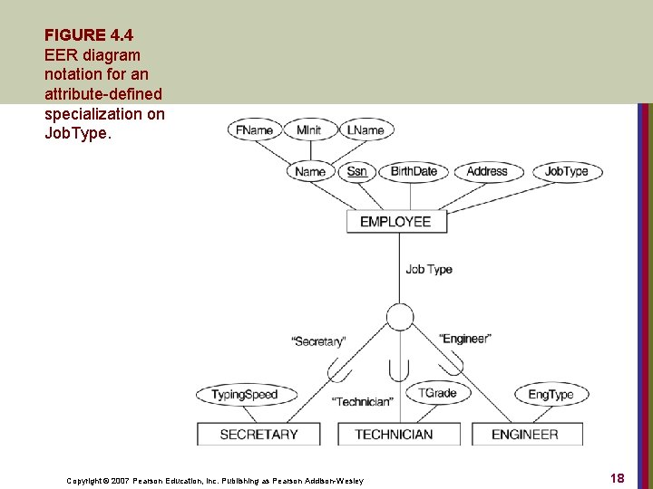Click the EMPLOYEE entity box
pos(395,222)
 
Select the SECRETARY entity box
pos(259,435)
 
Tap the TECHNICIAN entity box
pos(394,435)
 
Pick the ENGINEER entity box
pos(525,435)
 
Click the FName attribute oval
pos(254,130)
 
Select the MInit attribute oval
pos(308,130)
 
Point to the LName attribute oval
pos(366,130)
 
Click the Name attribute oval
pos(310,171)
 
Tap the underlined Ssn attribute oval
pos(356,171)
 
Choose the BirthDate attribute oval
pos(414,171)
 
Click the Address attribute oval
pos(487,171)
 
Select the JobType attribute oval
pos(567,171)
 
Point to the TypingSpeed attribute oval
pos(244,395)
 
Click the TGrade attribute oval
pos(437,393)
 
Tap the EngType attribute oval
pos(551,395)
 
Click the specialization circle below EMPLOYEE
pos(399,316)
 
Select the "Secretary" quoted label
pos(318,341)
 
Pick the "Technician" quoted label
pos(363,401)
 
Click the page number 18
pos(617,478)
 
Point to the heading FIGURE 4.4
pos(88,35)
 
